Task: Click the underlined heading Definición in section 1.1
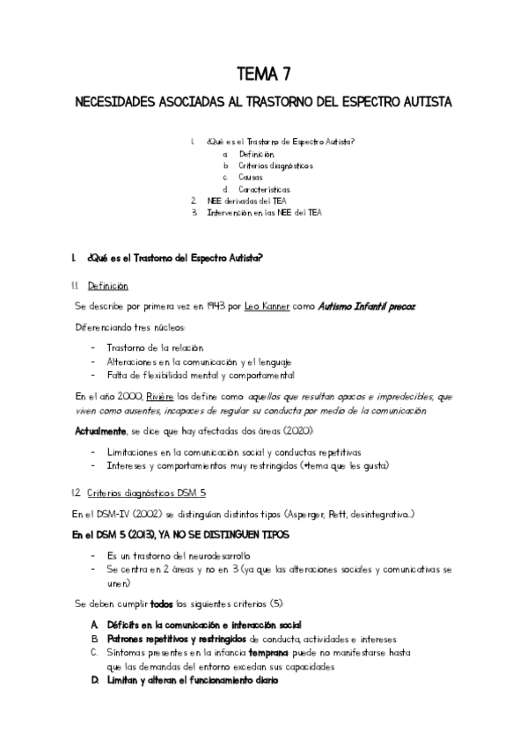point(107,286)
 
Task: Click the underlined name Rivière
point(160,397)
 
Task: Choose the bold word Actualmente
point(99,434)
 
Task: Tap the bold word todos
point(160,604)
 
